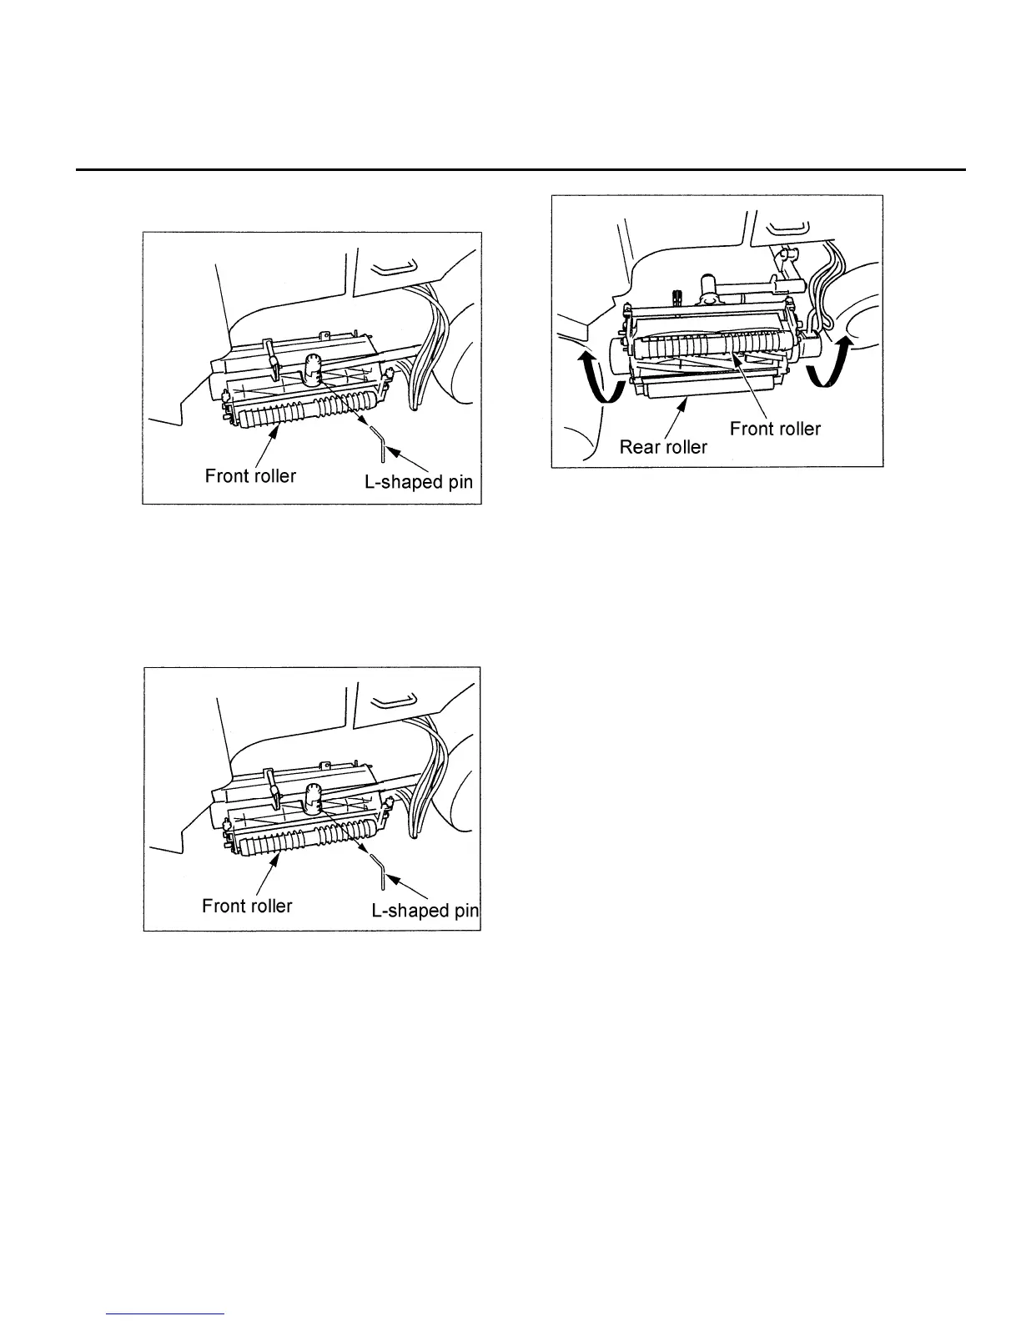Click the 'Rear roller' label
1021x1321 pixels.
click(x=663, y=447)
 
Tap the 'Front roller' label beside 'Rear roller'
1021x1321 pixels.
click(x=775, y=429)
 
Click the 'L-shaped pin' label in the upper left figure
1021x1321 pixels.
click(x=419, y=483)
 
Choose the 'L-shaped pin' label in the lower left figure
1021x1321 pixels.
click(x=425, y=911)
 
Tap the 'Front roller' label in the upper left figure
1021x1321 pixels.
click(x=250, y=476)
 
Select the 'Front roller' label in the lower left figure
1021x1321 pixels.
click(x=247, y=906)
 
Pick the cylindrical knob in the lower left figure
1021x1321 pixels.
click(x=314, y=799)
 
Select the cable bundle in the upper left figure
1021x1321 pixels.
click(x=425, y=342)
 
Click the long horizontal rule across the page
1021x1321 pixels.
click(x=521, y=170)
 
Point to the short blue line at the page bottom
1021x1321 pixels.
click(x=166, y=1314)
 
